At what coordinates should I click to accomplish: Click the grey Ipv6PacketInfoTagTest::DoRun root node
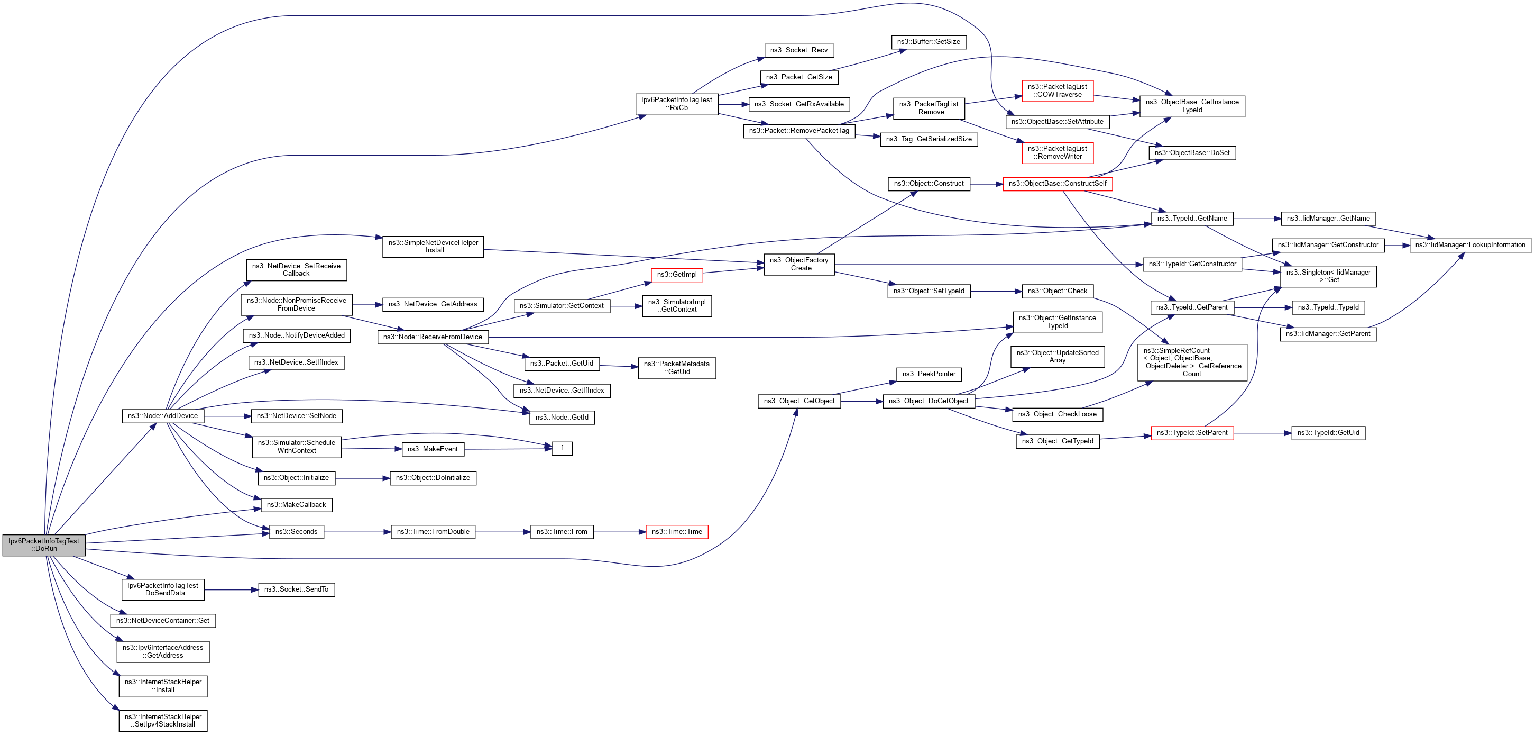coord(43,545)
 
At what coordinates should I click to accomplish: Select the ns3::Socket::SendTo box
coord(296,589)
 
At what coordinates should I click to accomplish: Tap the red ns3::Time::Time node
coord(676,532)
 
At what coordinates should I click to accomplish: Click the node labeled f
coord(562,448)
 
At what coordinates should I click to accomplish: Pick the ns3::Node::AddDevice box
coord(163,416)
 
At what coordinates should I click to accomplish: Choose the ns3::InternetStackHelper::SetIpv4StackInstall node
coord(163,721)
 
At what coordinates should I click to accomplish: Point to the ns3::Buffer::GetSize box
coord(929,42)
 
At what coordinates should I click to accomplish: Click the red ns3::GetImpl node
coord(676,275)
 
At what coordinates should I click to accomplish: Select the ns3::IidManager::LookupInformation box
coord(1470,245)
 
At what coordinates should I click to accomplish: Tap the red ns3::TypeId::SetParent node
coord(1192,433)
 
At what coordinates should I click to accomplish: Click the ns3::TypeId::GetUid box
coord(1328,433)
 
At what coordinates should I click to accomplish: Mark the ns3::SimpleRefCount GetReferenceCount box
coord(1192,362)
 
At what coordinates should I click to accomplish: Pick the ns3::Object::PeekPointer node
coord(929,374)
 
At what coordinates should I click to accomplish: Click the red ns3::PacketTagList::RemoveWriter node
coord(1057,152)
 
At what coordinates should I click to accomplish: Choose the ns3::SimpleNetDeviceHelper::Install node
coord(433,247)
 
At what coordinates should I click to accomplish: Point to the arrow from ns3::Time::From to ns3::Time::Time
coord(620,532)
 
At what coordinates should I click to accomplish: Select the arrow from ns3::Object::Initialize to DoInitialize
coord(362,478)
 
